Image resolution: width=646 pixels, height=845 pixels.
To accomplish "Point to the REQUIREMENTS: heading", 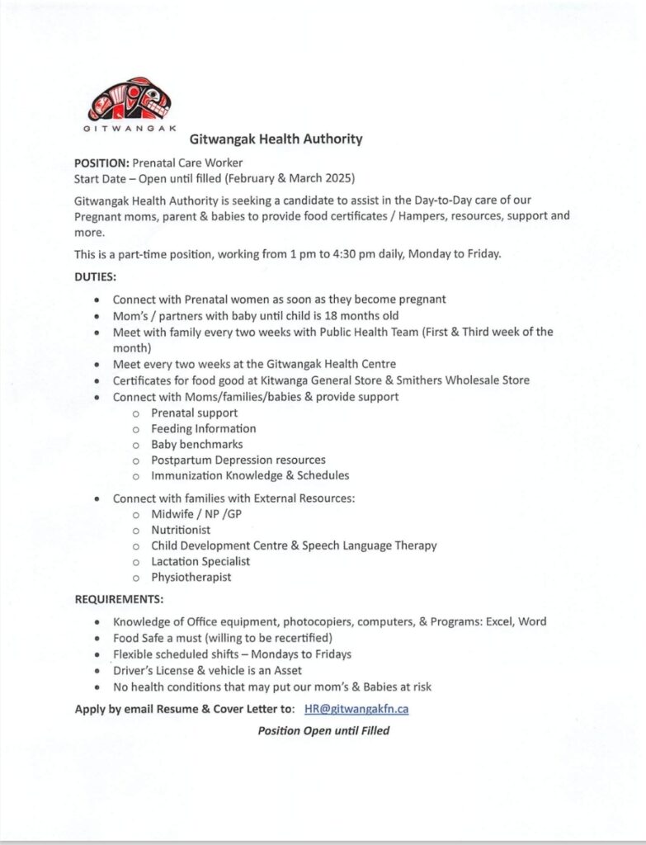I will [119, 598].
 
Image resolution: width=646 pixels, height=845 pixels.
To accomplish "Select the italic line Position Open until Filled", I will [323, 730].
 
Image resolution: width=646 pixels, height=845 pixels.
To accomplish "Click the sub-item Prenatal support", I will [194, 413].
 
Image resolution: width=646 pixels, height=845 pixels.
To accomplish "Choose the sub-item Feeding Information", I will [203, 428].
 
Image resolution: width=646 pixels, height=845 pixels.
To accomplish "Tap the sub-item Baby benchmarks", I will [196, 444].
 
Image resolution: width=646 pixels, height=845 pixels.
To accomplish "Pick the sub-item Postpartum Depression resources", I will [238, 460].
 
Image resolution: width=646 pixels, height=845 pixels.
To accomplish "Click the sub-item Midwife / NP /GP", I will [196, 514].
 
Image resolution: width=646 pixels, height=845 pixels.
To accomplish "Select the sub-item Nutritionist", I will [181, 530].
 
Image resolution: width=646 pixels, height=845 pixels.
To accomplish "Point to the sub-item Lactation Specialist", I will [200, 561].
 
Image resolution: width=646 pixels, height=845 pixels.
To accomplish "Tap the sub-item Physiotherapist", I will [191, 577].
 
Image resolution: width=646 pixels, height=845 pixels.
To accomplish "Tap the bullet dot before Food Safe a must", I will [99, 639].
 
